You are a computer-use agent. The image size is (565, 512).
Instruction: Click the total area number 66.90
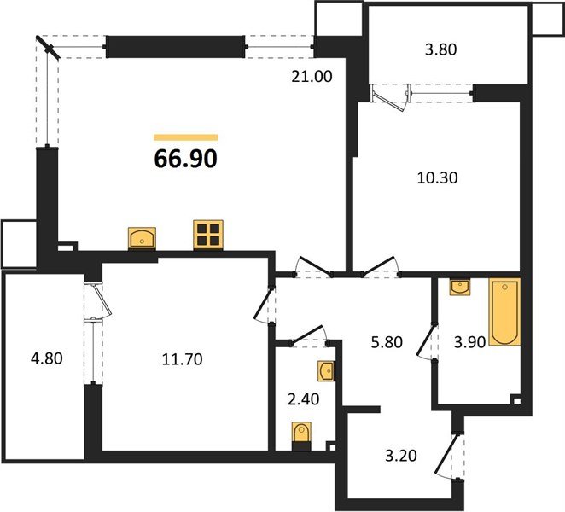(x=185, y=158)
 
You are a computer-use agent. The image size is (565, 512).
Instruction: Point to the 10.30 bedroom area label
(x=435, y=179)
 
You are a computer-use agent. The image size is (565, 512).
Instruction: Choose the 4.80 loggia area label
(x=44, y=358)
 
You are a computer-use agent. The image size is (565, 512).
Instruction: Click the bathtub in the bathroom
(x=504, y=313)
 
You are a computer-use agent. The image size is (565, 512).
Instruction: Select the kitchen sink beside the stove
(x=141, y=236)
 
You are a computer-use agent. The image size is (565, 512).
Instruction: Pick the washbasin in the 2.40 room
(x=325, y=370)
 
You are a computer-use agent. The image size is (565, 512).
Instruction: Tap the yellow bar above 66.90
(x=185, y=137)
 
